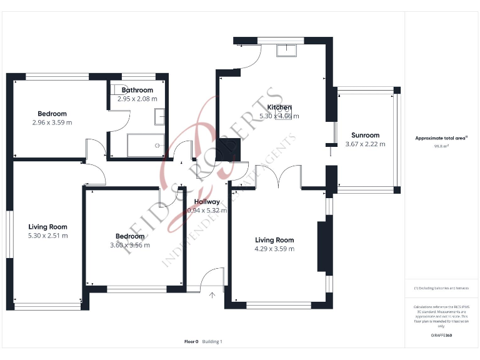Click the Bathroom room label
137,90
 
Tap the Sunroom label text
365,135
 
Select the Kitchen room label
279,107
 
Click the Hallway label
206,202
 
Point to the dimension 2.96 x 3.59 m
52,122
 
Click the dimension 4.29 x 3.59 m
274,249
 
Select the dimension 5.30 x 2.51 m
47,236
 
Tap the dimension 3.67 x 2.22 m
365,144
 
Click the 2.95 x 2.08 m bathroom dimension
137,99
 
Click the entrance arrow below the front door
212,295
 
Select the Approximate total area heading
441,138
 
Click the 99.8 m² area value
441,146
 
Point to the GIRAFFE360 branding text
441,336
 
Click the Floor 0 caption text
191,341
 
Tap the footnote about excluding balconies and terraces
441,288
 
